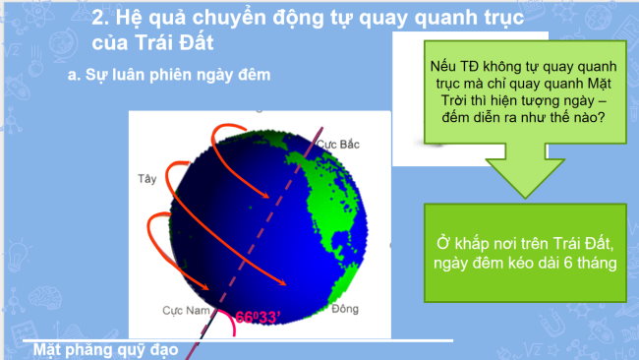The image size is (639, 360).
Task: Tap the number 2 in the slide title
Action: (x=97, y=19)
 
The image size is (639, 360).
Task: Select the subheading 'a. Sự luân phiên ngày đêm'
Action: (x=168, y=75)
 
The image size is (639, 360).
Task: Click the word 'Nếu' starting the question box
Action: (x=441, y=65)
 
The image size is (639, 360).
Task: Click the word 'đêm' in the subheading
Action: (x=252, y=75)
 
